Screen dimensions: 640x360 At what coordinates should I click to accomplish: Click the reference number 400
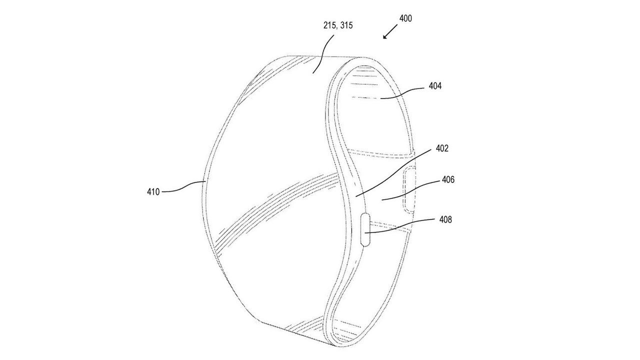[x=405, y=18]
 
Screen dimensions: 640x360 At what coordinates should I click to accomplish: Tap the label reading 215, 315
[x=337, y=25]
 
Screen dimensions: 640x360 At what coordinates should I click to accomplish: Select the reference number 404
[x=435, y=86]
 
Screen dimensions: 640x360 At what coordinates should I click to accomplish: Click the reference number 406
[x=448, y=179]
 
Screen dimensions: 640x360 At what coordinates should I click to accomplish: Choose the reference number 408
[x=445, y=219]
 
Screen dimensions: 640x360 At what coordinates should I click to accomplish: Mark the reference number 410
[x=153, y=191]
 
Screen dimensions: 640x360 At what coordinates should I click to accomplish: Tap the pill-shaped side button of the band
[x=365, y=228]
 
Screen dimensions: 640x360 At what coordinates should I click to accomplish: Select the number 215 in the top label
[x=329, y=25]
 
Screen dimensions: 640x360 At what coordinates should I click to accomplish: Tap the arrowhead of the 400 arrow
[x=384, y=36]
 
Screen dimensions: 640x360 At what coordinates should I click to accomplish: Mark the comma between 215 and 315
[x=336, y=28]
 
